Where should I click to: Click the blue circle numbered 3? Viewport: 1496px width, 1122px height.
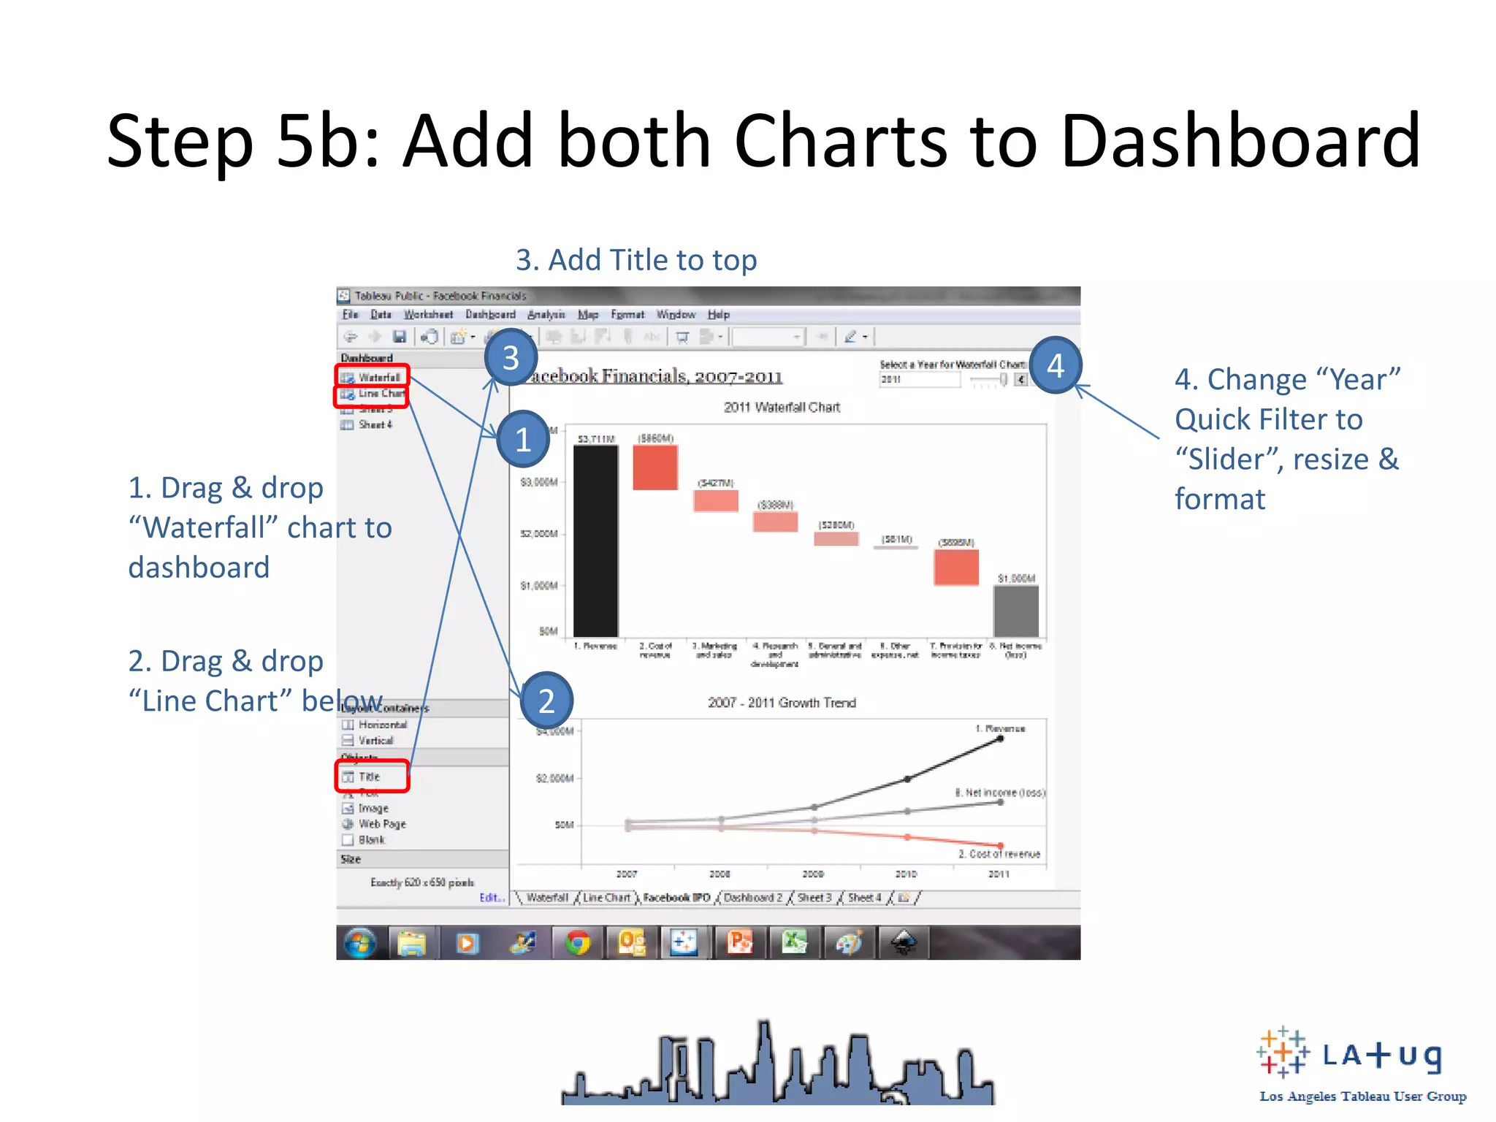[x=511, y=358]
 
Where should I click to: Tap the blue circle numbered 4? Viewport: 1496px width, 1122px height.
[x=1056, y=365]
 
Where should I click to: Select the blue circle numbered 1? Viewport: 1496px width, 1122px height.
[x=523, y=439]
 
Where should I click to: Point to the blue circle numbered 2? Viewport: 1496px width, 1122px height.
[x=546, y=701]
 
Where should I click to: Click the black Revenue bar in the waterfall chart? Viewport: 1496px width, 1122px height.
[x=595, y=541]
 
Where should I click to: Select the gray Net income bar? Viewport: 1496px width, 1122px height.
[x=1015, y=611]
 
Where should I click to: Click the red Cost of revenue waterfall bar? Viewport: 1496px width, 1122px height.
[x=654, y=467]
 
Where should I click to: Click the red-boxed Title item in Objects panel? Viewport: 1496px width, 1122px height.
[x=371, y=776]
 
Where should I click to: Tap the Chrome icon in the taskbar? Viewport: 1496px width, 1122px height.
[x=577, y=943]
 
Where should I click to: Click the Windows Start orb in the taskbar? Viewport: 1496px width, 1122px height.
[x=359, y=943]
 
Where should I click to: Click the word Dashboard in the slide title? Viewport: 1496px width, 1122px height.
[x=1240, y=140]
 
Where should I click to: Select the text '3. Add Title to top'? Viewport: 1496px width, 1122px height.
[x=636, y=260]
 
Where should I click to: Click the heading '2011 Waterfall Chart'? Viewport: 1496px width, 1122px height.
[x=782, y=408]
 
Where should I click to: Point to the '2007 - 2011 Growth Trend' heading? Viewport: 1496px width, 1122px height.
[x=782, y=703]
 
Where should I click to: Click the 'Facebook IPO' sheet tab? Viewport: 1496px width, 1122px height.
[x=676, y=898]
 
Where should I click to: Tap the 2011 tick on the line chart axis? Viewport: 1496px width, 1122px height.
[x=999, y=874]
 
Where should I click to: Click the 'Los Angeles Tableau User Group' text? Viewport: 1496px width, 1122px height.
[x=1362, y=1096]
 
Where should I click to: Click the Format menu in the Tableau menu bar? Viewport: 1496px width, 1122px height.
[x=627, y=315]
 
